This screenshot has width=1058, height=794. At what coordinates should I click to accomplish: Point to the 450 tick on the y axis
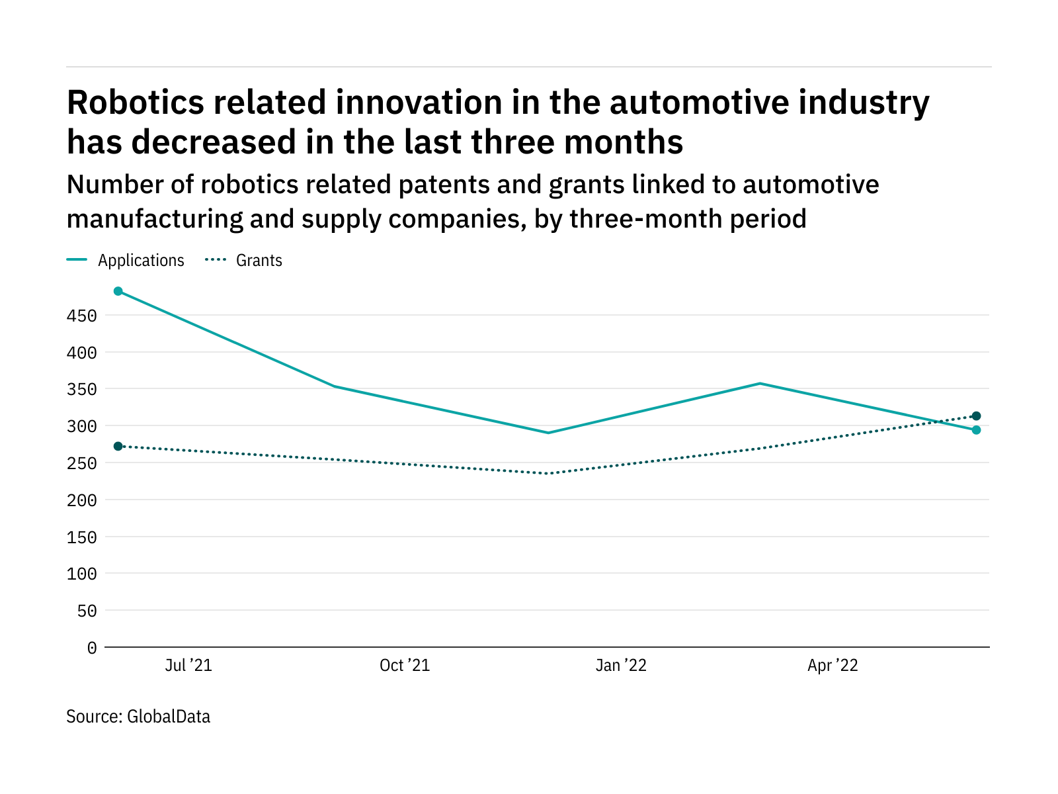[x=82, y=316]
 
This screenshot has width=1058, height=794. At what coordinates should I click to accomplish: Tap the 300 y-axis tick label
[x=82, y=427]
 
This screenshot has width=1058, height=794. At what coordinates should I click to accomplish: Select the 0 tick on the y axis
[x=91, y=648]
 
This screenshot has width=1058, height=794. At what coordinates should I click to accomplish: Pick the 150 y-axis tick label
[x=82, y=537]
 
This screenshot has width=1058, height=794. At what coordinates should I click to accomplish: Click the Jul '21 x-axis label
[x=188, y=666]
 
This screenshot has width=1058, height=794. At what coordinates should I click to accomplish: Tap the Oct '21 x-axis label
[x=405, y=666]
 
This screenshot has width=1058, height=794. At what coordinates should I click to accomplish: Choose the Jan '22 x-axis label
[x=621, y=666]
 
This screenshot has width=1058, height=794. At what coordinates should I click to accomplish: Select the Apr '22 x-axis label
[x=833, y=666]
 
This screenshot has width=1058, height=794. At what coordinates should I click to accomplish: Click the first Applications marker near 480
[x=118, y=291]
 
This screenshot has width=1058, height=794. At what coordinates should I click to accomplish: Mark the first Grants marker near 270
[x=118, y=446]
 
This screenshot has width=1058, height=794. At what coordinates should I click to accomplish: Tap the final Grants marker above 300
[x=976, y=416]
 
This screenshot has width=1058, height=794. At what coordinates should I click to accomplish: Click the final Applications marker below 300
[x=976, y=430]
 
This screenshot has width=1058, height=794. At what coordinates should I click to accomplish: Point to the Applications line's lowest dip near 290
[x=548, y=433]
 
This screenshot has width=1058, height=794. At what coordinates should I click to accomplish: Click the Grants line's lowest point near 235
[x=548, y=474]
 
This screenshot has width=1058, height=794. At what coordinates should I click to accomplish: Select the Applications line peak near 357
[x=760, y=383]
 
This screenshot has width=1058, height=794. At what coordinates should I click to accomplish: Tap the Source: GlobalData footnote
[x=138, y=717]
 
